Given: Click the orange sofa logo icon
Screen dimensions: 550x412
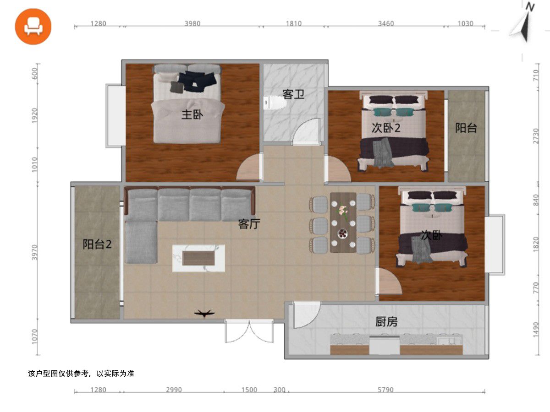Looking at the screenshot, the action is coord(33,27).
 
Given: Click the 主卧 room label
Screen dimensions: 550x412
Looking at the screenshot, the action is coord(192,115).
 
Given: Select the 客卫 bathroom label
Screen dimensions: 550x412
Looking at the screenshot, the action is coord(293,94).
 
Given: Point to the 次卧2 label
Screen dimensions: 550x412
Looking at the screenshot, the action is coord(386,128).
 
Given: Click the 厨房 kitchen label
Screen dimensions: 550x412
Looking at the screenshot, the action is coord(386,322).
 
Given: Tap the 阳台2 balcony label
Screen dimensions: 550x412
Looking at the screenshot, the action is coord(97,244).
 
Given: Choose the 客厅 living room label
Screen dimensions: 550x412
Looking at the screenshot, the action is coord(249,224).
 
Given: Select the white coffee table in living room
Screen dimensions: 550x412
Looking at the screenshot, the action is coord(198,258).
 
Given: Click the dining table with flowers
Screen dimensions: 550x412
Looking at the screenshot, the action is coord(343,222).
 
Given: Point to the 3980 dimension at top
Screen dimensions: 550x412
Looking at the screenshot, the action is coord(192,23).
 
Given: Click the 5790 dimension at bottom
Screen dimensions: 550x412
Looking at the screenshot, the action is coord(385,390).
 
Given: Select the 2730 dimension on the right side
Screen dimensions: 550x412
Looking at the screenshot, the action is coord(535,136).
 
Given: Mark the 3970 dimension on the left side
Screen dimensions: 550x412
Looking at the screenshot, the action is coord(35,252).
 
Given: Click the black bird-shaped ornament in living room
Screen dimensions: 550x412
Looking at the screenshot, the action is coord(204,313).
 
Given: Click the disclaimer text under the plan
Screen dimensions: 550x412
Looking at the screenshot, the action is coord(81,374).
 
